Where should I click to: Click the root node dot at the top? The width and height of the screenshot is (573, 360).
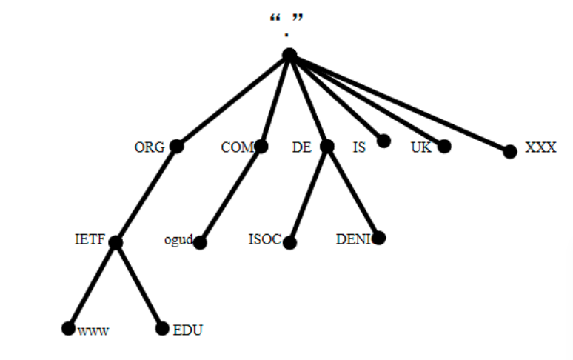[289, 55]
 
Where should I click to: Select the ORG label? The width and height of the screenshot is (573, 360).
[149, 147]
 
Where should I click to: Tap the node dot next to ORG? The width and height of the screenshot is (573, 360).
[176, 147]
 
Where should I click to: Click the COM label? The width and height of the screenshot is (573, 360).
[237, 147]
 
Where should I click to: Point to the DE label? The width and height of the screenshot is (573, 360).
[301, 147]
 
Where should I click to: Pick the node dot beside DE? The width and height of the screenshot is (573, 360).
[327, 147]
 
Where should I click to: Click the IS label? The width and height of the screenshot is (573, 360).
[359, 147]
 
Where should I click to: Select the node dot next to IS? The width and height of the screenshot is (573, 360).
[383, 141]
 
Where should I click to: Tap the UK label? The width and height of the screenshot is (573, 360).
[420, 147]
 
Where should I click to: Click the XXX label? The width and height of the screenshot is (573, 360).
[540, 147]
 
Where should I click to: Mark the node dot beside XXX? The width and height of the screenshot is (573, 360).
[509, 151]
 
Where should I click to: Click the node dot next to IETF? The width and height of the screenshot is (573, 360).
[115, 241]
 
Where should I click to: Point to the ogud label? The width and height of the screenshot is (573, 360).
[178, 240]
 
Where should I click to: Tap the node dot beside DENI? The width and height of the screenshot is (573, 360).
[379, 238]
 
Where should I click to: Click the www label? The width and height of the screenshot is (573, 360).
[93, 331]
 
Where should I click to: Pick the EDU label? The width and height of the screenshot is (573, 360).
[187, 330]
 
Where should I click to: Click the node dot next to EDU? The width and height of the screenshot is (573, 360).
[162, 329]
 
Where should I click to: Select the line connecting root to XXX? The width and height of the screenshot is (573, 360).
[400, 103]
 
